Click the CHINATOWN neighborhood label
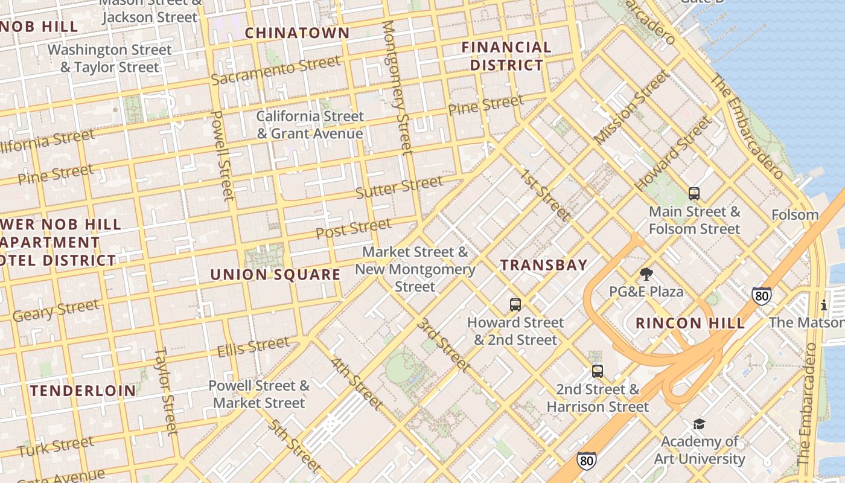pos(297,33)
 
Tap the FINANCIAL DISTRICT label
pos(506,56)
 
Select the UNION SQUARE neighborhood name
pos(275,275)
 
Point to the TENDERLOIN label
pos(83,391)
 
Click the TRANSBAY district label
pos(544,265)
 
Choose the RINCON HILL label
pos(690,323)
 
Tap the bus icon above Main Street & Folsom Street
pos(694,194)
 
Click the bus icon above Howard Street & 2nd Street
pos(515,305)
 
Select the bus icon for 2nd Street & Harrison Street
pos(597,371)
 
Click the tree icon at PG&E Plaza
pos(646,275)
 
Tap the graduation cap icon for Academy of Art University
pos(699,424)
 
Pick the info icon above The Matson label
pos(823,305)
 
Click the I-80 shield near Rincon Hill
pos(762,296)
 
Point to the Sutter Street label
pos(399,187)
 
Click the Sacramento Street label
pos(275,71)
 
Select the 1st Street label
pos(545,195)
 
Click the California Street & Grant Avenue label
pos(310,125)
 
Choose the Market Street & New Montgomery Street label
pos(415,269)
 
